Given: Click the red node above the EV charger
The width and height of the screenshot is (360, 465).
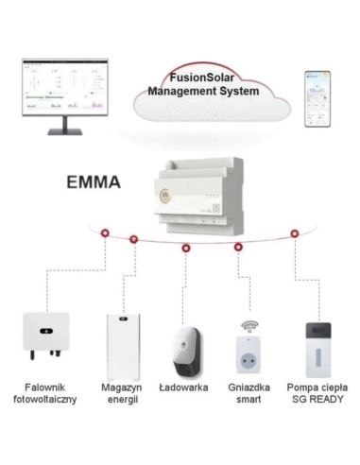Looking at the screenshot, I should pos(185,248).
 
